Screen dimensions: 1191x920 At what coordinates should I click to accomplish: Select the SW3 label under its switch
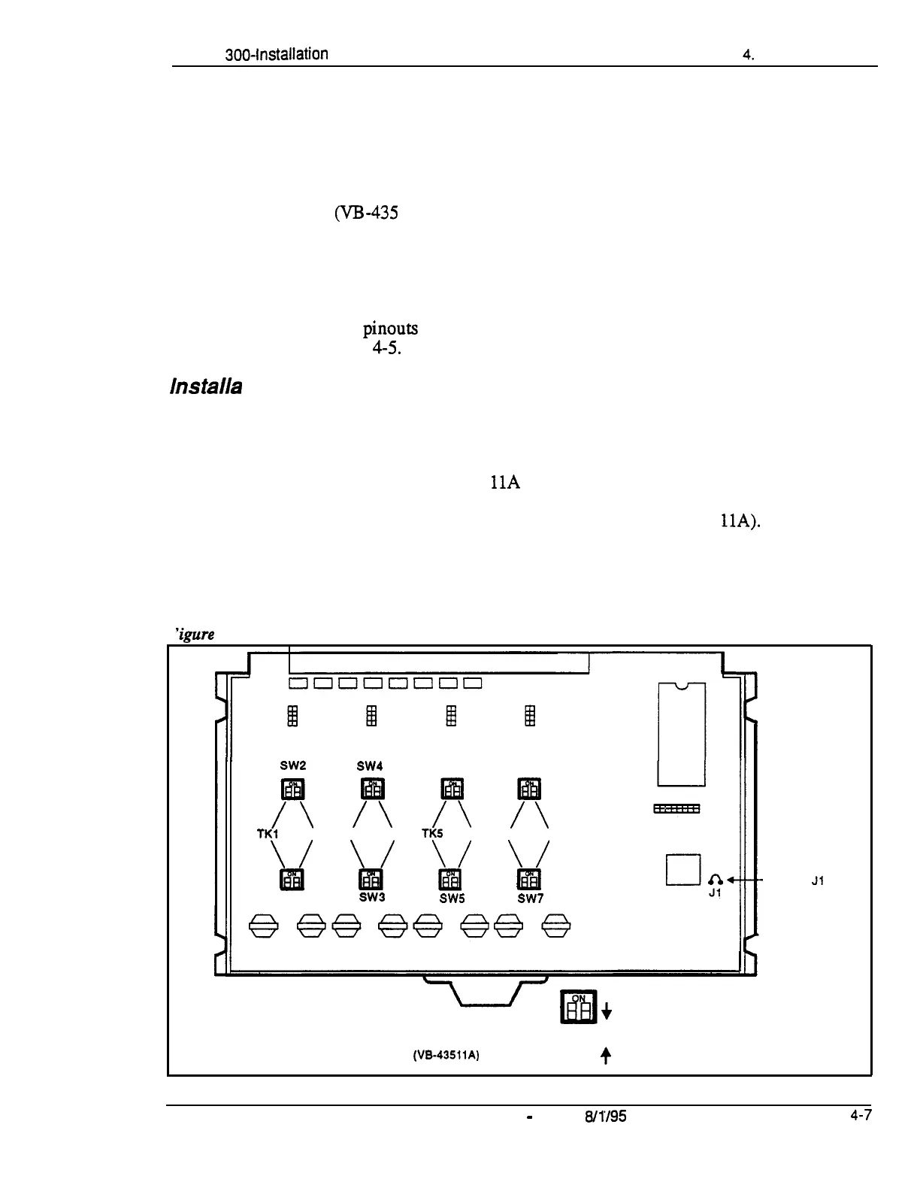pyautogui.click(x=371, y=897)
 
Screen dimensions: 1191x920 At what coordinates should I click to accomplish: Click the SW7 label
pyautogui.click(x=530, y=898)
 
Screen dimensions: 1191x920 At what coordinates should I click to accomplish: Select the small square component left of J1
pyautogui.click(x=683, y=870)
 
